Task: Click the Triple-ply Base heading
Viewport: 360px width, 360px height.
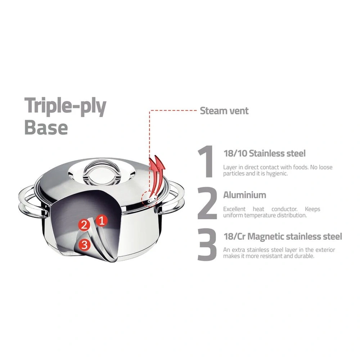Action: tap(65, 116)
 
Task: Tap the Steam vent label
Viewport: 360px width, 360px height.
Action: tap(224, 111)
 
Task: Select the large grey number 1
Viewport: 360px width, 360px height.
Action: tap(206, 161)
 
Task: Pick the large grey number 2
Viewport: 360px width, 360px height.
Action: tap(207, 203)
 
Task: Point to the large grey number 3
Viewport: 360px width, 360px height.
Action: tap(207, 244)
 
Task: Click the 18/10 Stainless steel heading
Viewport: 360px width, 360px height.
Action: tap(265, 153)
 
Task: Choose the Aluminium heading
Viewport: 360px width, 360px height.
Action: tap(245, 195)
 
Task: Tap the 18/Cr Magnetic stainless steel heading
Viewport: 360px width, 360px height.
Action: tap(283, 236)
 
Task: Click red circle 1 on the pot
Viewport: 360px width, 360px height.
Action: tap(102, 220)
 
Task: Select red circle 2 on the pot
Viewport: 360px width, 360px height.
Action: tap(84, 225)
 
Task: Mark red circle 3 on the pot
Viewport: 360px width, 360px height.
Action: tap(85, 244)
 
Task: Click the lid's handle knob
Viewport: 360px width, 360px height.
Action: tap(102, 171)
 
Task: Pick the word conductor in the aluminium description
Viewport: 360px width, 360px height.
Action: tap(284, 209)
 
